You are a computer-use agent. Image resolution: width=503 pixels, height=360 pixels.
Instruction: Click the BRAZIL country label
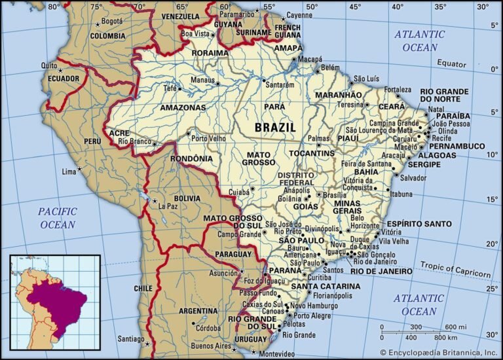point(275,127)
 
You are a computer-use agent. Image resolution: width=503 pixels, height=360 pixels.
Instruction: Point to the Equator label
point(452,63)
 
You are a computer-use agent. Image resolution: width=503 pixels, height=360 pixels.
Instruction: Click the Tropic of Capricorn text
point(455,269)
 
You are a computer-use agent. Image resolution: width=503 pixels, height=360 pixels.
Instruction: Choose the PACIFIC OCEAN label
point(57,218)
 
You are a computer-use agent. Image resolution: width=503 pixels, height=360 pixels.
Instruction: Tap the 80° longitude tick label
point(54,7)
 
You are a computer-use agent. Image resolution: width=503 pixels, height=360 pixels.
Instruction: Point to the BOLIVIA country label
point(187,198)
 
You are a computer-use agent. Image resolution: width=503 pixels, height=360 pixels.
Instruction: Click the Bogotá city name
point(112,21)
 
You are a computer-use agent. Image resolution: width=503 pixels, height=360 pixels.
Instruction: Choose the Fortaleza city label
point(398,89)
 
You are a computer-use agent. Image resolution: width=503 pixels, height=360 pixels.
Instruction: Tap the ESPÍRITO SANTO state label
point(418,223)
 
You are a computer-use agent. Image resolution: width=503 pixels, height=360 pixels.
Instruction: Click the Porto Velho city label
point(208,138)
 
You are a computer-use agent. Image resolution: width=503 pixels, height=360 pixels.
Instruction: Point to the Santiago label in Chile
point(130,339)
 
